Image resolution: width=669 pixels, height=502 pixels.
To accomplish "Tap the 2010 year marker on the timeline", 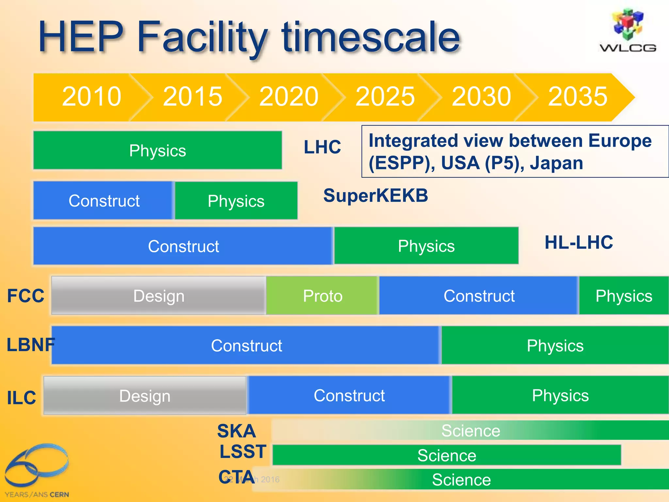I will click(x=91, y=97).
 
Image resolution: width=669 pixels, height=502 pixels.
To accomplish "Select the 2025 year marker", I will click(x=385, y=97).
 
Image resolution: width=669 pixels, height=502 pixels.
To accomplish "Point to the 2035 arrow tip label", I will click(x=578, y=97).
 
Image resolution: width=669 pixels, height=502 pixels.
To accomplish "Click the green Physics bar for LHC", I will click(x=157, y=150).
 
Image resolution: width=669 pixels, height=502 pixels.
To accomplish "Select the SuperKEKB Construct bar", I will click(x=104, y=201).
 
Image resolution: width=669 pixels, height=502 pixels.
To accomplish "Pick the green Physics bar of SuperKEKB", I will click(x=236, y=201).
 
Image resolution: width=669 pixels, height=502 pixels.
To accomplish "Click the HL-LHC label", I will click(x=579, y=243).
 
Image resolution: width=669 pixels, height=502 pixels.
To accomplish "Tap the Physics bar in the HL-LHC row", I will click(x=426, y=246).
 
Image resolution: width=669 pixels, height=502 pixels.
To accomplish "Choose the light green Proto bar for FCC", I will click(x=322, y=296).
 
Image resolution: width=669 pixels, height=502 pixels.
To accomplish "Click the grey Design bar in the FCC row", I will click(x=159, y=296).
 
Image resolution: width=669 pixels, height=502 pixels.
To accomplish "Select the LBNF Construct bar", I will click(x=246, y=345).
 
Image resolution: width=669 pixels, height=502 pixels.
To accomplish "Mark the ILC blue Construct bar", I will click(x=349, y=395).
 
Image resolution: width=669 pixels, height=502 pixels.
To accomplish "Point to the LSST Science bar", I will click(x=447, y=455).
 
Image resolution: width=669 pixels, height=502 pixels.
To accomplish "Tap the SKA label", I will click(x=236, y=431).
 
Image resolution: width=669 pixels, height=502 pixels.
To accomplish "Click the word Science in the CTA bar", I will click(x=461, y=480).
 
